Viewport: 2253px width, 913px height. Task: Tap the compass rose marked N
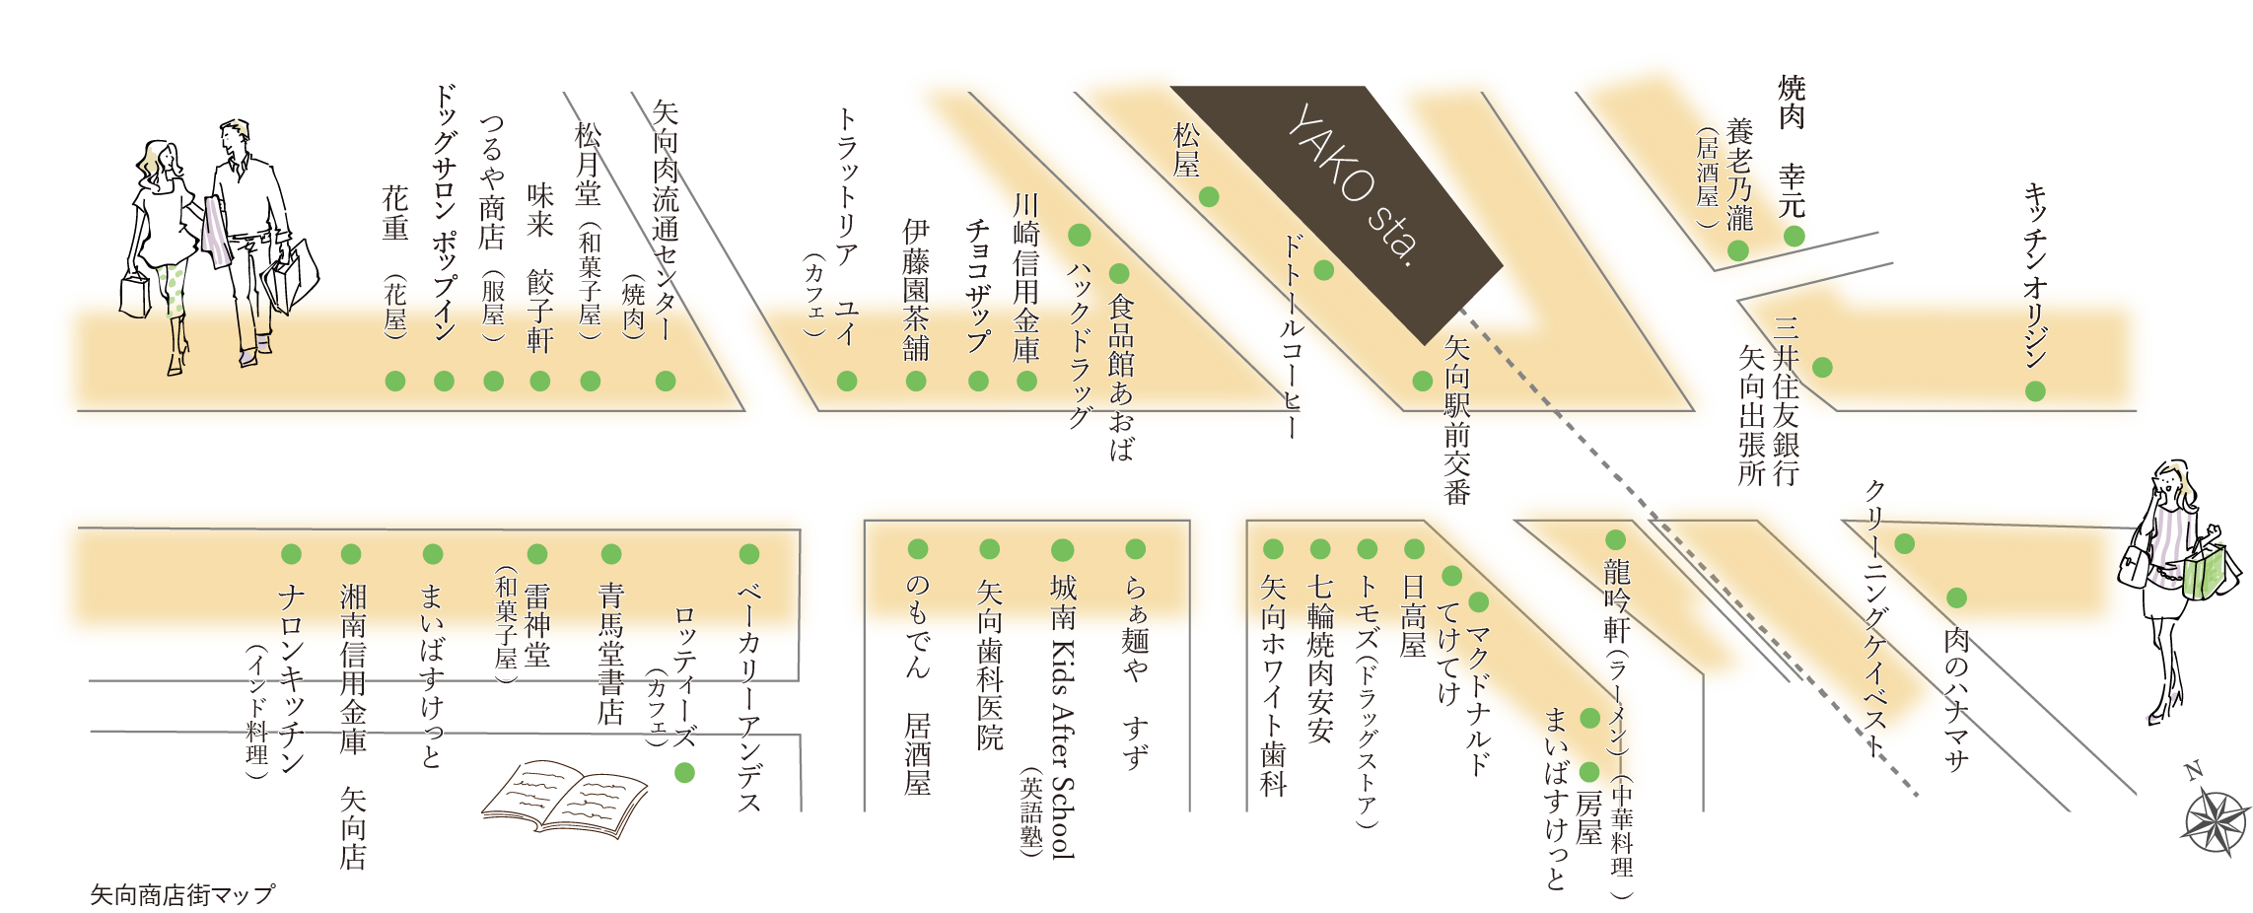[x=2217, y=817]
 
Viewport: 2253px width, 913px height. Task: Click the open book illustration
[x=564, y=798]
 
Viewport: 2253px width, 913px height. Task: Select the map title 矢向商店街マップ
[x=182, y=894]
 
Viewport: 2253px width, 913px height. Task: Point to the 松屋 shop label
[x=1186, y=150]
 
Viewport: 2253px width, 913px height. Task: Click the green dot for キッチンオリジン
[x=2035, y=391]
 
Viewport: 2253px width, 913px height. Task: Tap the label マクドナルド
[x=1478, y=699]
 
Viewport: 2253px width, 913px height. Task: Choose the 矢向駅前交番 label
[x=1456, y=419]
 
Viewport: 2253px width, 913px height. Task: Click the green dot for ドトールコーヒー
[x=1324, y=270]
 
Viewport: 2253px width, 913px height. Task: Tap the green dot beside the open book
[x=684, y=773]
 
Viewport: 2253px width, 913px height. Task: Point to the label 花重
[x=395, y=213]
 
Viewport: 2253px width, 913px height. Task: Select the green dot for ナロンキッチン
[x=291, y=553]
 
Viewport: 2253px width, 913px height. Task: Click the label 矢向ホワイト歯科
[x=1273, y=686]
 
